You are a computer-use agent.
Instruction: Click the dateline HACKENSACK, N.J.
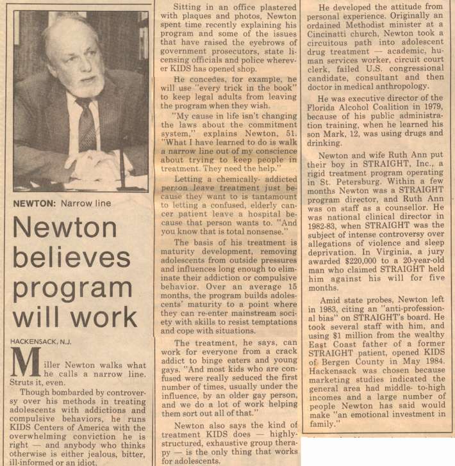(44, 341)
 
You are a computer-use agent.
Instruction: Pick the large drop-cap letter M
(26, 363)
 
